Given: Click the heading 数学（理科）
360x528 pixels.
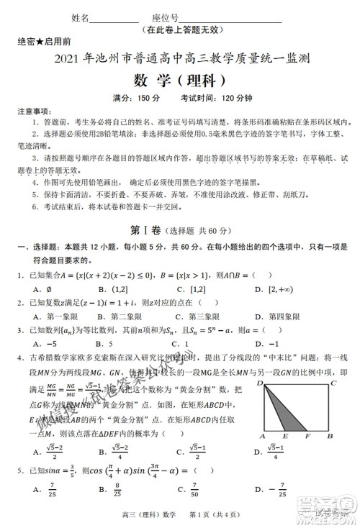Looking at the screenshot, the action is point(180,79).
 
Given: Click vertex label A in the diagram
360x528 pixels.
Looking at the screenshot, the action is point(263,436).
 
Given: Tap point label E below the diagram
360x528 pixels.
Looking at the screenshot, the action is point(286,436).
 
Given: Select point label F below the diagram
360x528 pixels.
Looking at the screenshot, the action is point(307,436).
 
